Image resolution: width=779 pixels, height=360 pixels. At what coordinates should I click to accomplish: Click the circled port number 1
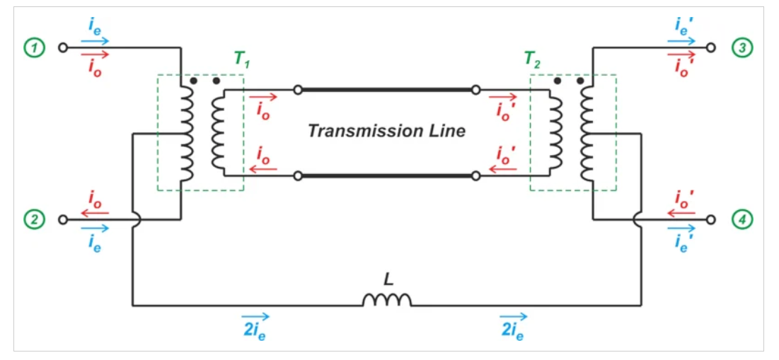click(x=33, y=48)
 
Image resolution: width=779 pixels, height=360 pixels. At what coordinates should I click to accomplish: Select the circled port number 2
click(x=33, y=219)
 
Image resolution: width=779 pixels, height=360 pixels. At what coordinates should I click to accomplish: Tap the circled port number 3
click(x=742, y=48)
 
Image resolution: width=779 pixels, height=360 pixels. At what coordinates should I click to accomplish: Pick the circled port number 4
click(x=742, y=219)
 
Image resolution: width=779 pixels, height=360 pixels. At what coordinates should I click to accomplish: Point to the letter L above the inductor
click(x=388, y=280)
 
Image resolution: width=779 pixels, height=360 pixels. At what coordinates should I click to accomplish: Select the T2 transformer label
click(x=532, y=60)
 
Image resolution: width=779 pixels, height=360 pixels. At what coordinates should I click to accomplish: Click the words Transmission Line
click(x=386, y=131)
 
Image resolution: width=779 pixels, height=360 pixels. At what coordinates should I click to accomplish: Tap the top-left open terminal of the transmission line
click(x=299, y=90)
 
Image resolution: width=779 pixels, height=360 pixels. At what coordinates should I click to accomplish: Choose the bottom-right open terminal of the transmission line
click(x=475, y=175)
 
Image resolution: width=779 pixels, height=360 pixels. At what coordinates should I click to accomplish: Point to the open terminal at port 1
click(x=62, y=48)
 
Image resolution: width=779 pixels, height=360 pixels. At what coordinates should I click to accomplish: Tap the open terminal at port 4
click(x=711, y=219)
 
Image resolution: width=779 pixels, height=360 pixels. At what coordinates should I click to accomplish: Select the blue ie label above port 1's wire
click(x=94, y=26)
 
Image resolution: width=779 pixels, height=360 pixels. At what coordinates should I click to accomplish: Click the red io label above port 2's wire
click(x=94, y=199)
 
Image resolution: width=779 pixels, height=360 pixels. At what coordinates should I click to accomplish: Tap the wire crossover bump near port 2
click(x=135, y=219)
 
